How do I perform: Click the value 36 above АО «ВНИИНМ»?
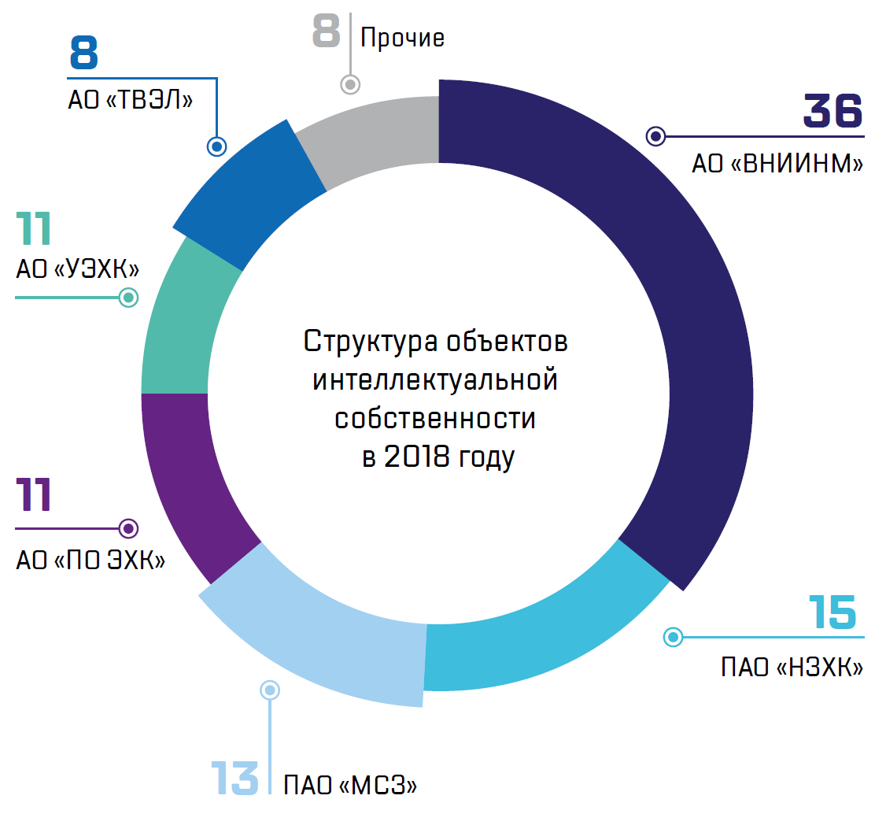tap(832, 112)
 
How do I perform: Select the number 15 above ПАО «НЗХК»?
tap(832, 612)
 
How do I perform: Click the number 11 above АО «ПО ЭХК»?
tap(33, 494)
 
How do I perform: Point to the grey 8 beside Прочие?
tap(326, 31)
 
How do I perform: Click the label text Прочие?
tap(402, 38)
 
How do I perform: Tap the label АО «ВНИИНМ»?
tap(777, 165)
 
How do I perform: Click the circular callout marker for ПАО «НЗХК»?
tap(672, 637)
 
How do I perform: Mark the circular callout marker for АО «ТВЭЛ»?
tap(216, 146)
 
